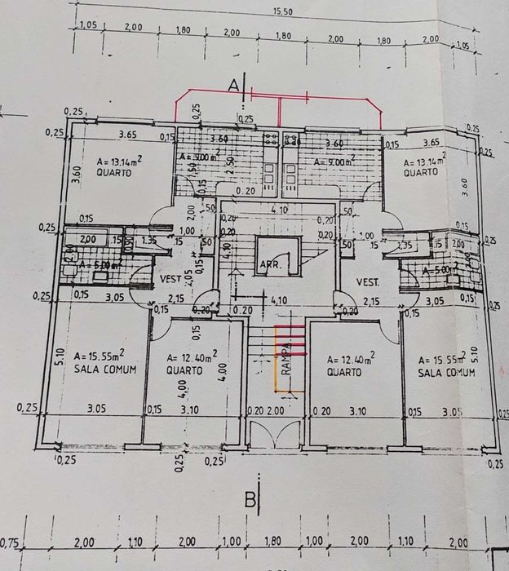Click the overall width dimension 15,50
pyautogui.click(x=283, y=11)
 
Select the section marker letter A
pyautogui.click(x=233, y=84)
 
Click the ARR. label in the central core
pyautogui.click(x=270, y=264)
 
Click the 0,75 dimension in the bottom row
pyautogui.click(x=11, y=542)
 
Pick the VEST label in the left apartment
pyautogui.click(x=170, y=279)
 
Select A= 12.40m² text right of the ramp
pyautogui.click(x=350, y=359)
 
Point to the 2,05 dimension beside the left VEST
pyautogui.click(x=189, y=278)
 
